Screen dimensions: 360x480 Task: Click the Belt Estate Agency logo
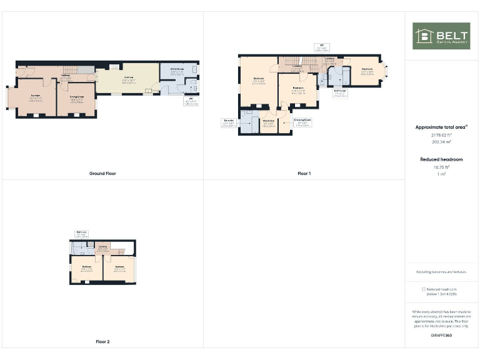click(x=441, y=36)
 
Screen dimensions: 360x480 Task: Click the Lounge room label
click(x=36, y=97)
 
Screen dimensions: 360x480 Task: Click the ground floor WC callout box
click(x=191, y=102)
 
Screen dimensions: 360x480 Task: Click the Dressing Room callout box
click(x=302, y=124)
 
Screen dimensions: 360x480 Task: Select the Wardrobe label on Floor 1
click(x=269, y=123)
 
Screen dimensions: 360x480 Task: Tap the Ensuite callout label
click(x=229, y=124)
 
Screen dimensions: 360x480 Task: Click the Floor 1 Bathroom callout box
click(x=341, y=94)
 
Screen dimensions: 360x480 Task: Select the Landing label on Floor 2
click(x=103, y=249)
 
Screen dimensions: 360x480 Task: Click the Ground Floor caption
click(x=102, y=173)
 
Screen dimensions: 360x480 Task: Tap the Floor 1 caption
click(x=304, y=173)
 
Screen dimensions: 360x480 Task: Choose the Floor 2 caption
click(x=102, y=341)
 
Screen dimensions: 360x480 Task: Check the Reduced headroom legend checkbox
click(x=424, y=289)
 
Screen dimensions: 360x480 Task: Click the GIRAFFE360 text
click(x=441, y=336)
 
